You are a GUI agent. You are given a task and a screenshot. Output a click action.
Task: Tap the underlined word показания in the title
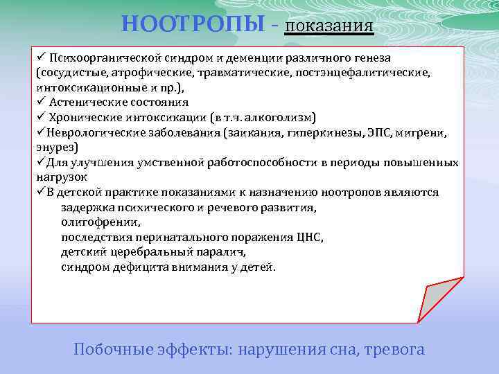[x=330, y=26]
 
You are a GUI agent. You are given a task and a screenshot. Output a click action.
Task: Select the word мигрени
[x=433, y=132]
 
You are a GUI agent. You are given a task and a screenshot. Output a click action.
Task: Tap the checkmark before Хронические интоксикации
[x=41, y=117]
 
